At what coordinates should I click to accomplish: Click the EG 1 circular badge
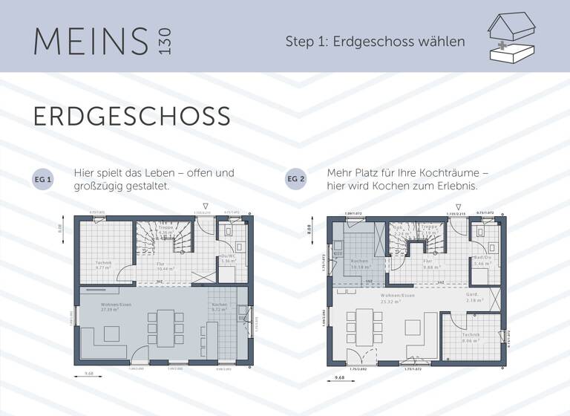pos(43,180)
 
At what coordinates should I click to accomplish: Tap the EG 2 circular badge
pos(295,180)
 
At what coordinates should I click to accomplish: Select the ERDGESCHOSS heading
pos(131,117)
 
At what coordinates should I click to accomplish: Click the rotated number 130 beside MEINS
pos(164,41)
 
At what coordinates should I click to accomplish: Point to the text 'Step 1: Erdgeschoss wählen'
pos(375,41)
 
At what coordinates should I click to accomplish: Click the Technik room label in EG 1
pos(103,264)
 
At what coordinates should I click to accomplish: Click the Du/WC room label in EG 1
pos(229,259)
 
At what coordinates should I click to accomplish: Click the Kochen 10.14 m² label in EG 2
pos(359,264)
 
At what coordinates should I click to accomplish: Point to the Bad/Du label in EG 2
pos(482,261)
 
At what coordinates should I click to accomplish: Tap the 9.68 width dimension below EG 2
pos(339,378)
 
